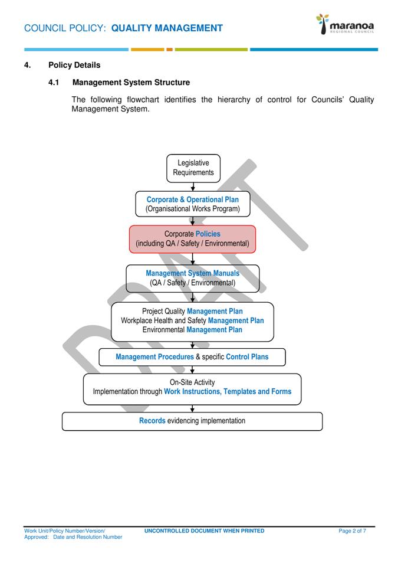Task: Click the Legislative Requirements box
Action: (193, 168)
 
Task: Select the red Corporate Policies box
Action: (192, 239)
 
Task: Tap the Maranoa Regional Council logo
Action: (345, 25)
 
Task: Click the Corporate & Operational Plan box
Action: (192, 204)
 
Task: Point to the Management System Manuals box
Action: (192, 278)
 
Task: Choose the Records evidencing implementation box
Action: (192, 421)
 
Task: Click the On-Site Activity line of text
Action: (192, 382)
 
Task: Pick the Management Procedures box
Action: (192, 357)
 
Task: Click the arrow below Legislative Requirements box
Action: (193, 186)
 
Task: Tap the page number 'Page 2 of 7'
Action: (352, 531)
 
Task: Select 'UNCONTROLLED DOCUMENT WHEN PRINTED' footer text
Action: (204, 531)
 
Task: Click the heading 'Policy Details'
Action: (74, 65)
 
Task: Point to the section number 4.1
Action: (54, 83)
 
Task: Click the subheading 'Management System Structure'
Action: (131, 83)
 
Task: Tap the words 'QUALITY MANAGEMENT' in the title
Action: (167, 28)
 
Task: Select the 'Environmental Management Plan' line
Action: (192, 330)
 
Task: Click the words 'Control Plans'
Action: (247, 357)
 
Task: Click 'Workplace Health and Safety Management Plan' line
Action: (192, 320)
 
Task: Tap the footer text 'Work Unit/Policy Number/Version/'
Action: (65, 531)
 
